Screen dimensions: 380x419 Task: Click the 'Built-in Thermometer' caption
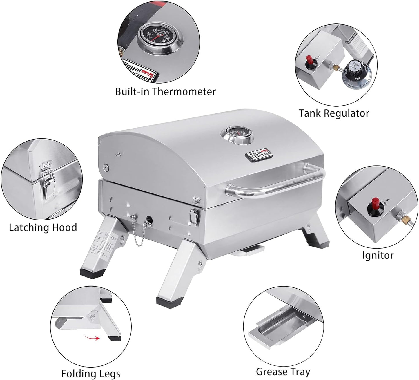tap(165, 92)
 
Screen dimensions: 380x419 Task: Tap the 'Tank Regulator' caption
tap(334, 113)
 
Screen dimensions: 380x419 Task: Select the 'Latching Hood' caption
tap(43, 227)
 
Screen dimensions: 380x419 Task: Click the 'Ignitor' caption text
tap(378, 255)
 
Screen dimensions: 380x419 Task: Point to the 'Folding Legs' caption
tap(90, 373)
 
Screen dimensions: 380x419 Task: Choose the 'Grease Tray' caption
tap(283, 372)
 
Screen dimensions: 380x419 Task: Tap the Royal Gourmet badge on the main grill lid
tap(259, 155)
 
